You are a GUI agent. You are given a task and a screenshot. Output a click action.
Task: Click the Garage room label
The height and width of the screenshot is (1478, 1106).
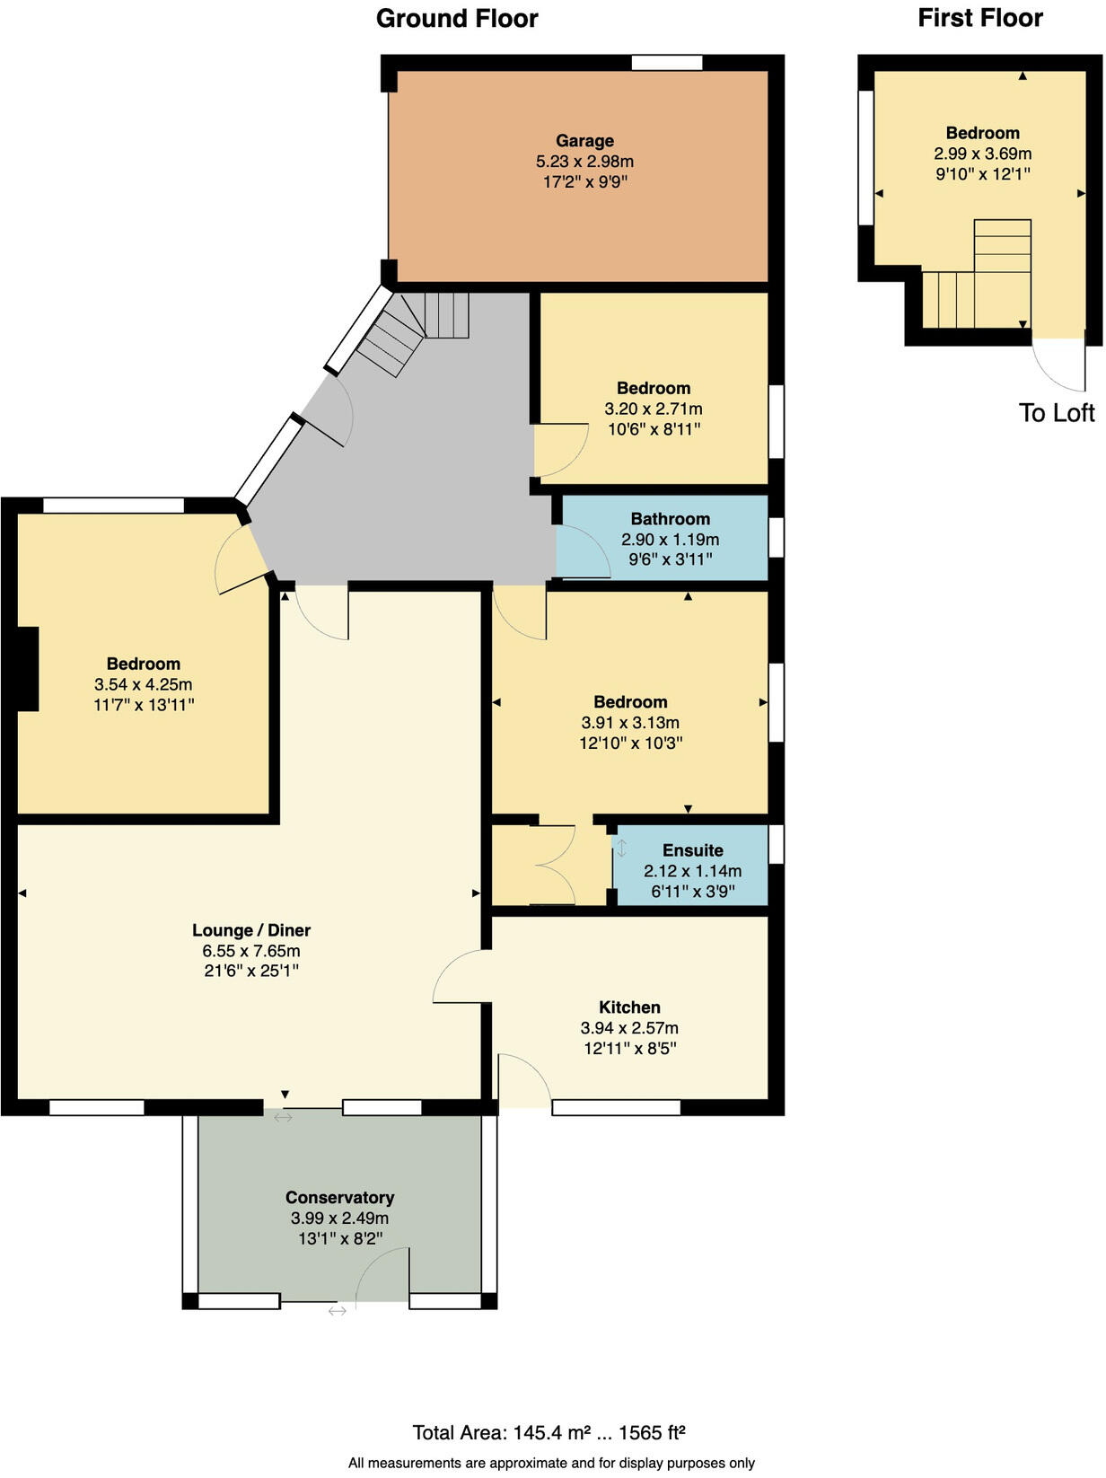click(584, 141)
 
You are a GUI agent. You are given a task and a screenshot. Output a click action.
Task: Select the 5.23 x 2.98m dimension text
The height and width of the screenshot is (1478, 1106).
click(584, 162)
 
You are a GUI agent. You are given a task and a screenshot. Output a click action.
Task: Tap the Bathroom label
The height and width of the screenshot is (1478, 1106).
click(670, 519)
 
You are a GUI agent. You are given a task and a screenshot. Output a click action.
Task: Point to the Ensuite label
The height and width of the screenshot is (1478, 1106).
click(692, 850)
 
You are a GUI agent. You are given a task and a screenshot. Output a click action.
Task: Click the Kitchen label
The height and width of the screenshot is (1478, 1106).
click(629, 1007)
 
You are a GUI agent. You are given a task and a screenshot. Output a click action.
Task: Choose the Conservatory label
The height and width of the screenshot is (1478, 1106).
click(339, 1198)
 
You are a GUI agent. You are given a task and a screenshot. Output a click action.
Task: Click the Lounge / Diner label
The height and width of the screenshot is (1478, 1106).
click(251, 930)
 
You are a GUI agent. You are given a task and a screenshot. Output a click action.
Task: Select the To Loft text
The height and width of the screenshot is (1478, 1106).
click(1057, 413)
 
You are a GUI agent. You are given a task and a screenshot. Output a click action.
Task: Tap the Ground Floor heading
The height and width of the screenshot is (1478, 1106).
click(457, 19)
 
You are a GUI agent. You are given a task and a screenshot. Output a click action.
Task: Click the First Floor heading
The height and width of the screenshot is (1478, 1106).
click(979, 18)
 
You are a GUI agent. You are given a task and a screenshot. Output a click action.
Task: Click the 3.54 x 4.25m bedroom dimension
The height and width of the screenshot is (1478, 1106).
click(144, 684)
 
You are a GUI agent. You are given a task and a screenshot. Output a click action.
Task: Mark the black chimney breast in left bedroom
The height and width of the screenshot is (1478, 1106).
click(27, 669)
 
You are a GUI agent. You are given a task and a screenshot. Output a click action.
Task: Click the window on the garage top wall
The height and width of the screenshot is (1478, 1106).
click(666, 62)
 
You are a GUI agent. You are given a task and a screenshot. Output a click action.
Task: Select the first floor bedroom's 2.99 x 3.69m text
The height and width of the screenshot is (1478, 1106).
click(982, 154)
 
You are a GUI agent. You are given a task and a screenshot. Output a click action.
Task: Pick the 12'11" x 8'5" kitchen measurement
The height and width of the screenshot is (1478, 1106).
click(629, 1048)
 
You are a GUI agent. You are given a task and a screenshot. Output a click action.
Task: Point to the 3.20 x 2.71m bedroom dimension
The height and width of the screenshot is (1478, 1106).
click(653, 409)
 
